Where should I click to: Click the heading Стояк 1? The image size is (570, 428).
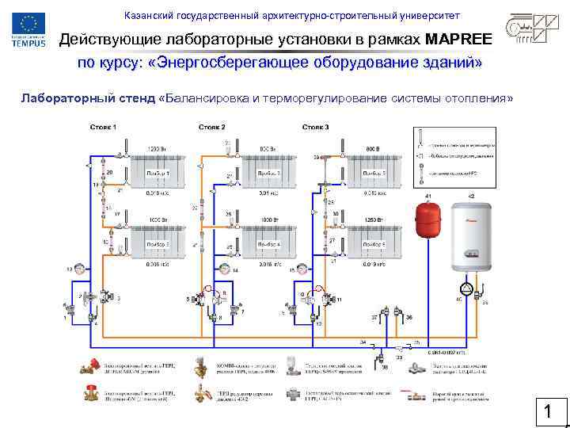pos(103,128)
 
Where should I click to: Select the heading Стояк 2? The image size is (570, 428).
pos(212,128)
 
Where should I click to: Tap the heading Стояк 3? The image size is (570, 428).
pos(316,128)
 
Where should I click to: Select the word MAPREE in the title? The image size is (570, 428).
pos(458,39)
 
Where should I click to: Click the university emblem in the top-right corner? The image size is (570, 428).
pos(534,29)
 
